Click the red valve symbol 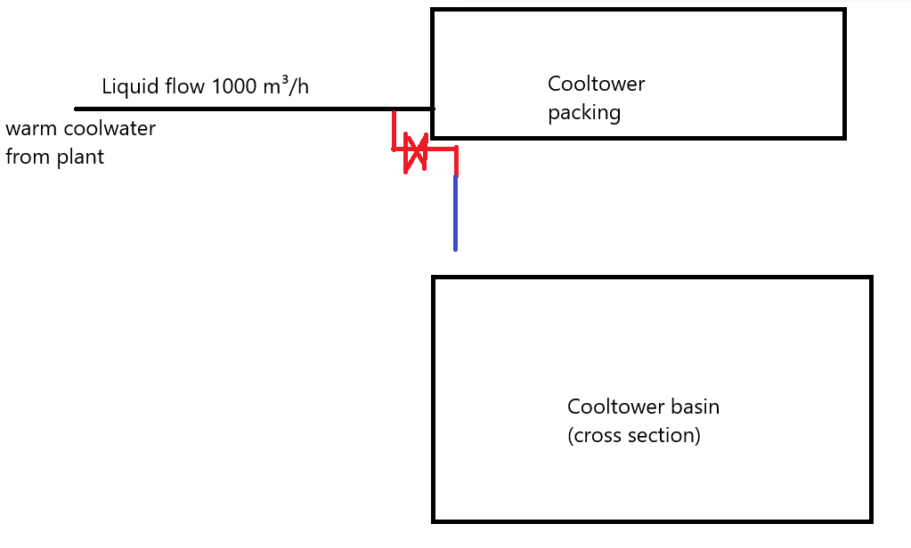415,152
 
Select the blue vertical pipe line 455,214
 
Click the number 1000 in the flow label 239,87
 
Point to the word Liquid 129,87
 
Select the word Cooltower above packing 596,85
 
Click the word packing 583,114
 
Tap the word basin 695,407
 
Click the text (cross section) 634,436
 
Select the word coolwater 107,129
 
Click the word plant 81,157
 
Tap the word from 28,157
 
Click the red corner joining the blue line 456,150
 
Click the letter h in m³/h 304,87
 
